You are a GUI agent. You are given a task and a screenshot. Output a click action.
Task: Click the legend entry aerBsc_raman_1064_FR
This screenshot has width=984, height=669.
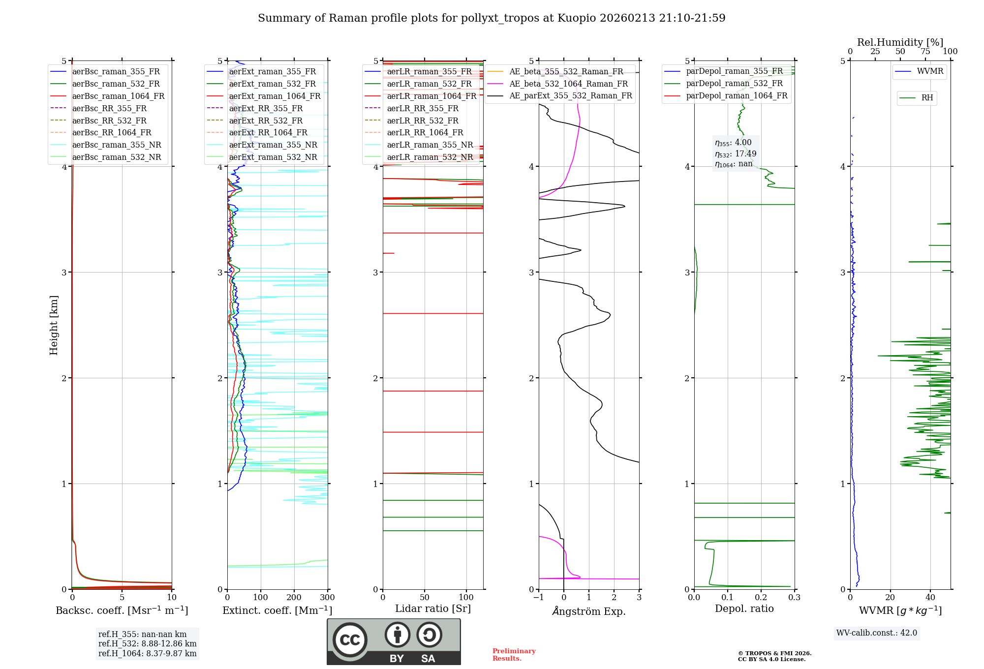pos(118,96)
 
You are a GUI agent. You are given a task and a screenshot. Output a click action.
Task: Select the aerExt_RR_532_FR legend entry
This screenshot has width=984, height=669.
pos(266,121)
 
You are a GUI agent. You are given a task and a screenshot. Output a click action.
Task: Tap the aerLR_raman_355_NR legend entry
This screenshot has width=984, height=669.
pos(430,145)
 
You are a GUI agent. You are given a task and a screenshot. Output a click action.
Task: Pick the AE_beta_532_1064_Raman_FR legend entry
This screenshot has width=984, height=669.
pos(568,84)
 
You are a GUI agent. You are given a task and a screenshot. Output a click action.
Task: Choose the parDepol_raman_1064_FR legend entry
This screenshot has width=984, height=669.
pos(737,95)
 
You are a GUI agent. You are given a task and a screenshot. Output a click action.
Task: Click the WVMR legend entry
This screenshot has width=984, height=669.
pos(930,71)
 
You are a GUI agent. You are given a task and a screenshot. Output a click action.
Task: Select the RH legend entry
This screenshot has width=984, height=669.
pos(927,98)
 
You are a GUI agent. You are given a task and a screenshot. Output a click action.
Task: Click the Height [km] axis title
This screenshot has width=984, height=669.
pos(54,325)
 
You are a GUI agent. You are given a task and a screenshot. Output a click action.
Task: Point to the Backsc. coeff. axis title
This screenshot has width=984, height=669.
pos(122,610)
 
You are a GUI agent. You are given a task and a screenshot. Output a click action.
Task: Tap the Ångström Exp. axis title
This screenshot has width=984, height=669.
pos(589,611)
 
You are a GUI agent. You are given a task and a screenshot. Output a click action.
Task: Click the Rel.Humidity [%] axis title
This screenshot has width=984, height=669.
pos(900,42)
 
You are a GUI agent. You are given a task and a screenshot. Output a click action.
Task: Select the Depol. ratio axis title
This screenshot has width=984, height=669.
pos(744,608)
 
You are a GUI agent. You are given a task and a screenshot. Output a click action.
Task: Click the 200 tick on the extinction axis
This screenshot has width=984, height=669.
pos(294,598)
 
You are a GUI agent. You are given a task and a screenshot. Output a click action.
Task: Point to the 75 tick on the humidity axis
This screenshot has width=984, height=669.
pos(925,52)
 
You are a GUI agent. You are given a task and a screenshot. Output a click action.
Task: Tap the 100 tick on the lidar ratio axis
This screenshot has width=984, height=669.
pos(466,598)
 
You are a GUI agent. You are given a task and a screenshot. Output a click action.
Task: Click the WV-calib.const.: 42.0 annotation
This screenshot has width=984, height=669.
pos(877,633)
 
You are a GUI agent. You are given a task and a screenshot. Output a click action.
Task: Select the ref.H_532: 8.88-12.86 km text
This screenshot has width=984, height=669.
pos(147,643)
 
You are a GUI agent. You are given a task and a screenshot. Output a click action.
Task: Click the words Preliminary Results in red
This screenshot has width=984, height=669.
pos(514,654)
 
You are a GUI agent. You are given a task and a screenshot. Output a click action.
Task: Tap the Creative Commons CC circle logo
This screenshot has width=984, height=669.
pos(350,640)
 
